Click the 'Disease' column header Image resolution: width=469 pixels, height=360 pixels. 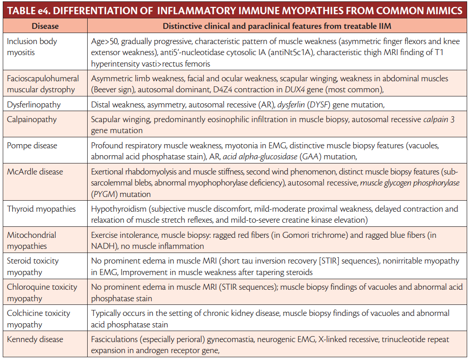[44, 26]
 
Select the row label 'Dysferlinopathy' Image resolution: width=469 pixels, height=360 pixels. [33, 105]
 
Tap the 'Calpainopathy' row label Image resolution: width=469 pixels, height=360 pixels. [32, 119]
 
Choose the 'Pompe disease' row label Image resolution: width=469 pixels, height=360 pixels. [32, 146]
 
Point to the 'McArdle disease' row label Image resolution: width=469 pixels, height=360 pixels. [35, 172]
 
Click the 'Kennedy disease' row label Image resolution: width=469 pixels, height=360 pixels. [35, 339]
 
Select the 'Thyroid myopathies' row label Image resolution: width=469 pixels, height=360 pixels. [41, 209]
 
